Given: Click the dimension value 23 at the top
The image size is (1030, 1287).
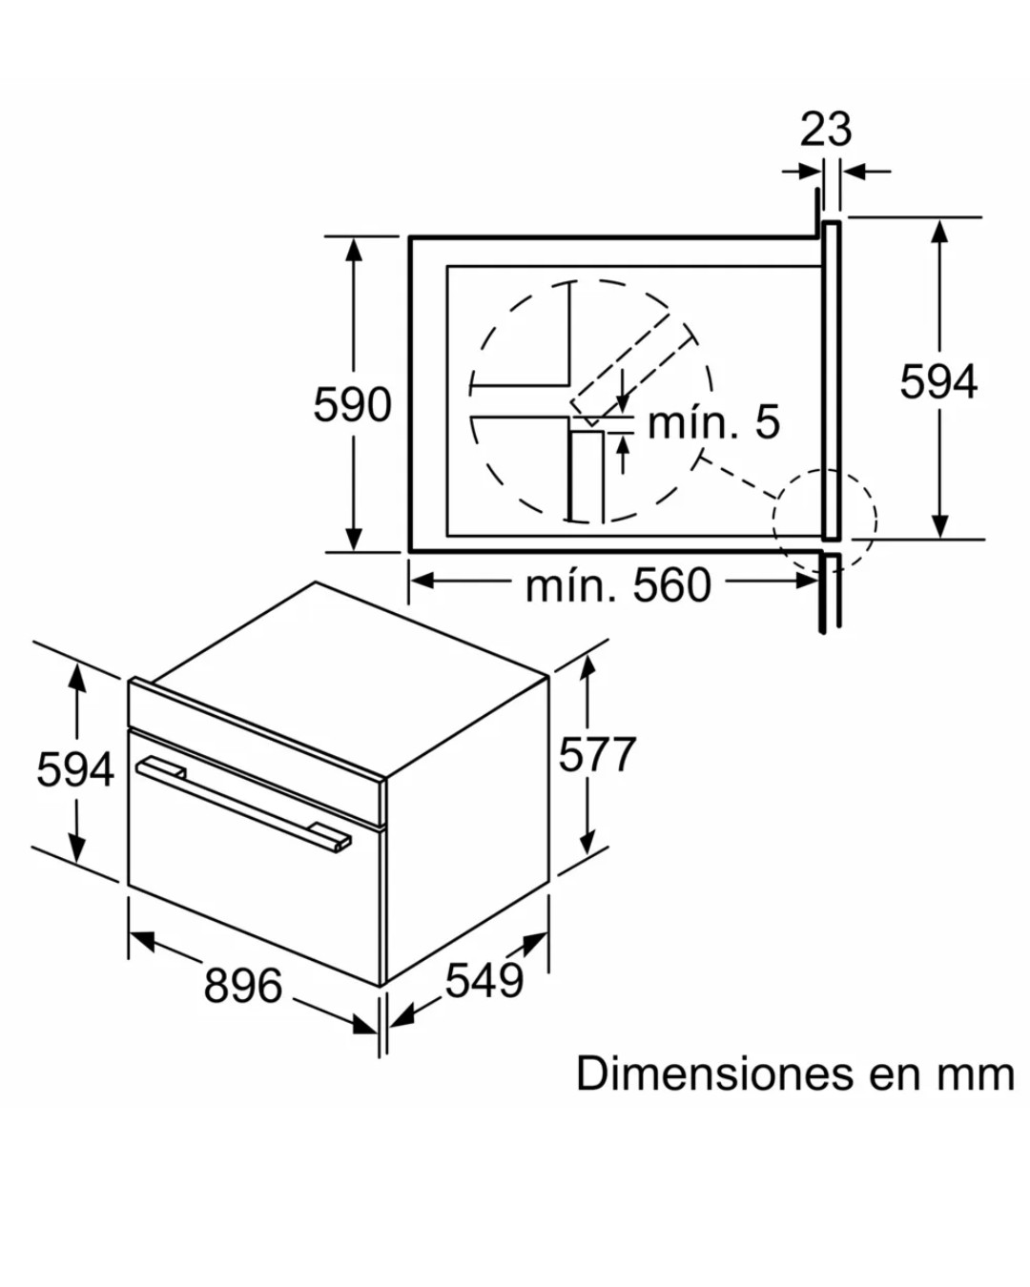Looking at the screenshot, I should (826, 129).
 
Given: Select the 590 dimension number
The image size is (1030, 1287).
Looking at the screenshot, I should (352, 405).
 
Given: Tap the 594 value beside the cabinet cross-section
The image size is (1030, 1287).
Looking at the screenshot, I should (938, 382).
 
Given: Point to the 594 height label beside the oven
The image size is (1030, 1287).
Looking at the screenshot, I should (75, 769).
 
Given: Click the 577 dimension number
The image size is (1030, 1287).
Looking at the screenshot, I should (597, 755).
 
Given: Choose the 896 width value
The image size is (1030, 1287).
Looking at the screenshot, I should (243, 985).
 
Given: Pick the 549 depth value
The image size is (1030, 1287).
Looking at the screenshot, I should (484, 980).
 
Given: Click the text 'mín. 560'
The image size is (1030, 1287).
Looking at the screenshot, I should (618, 585).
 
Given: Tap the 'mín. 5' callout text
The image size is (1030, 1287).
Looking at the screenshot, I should (713, 422).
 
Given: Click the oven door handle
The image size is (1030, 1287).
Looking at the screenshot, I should (244, 800).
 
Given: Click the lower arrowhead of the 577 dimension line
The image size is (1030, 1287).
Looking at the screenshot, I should (587, 841).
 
